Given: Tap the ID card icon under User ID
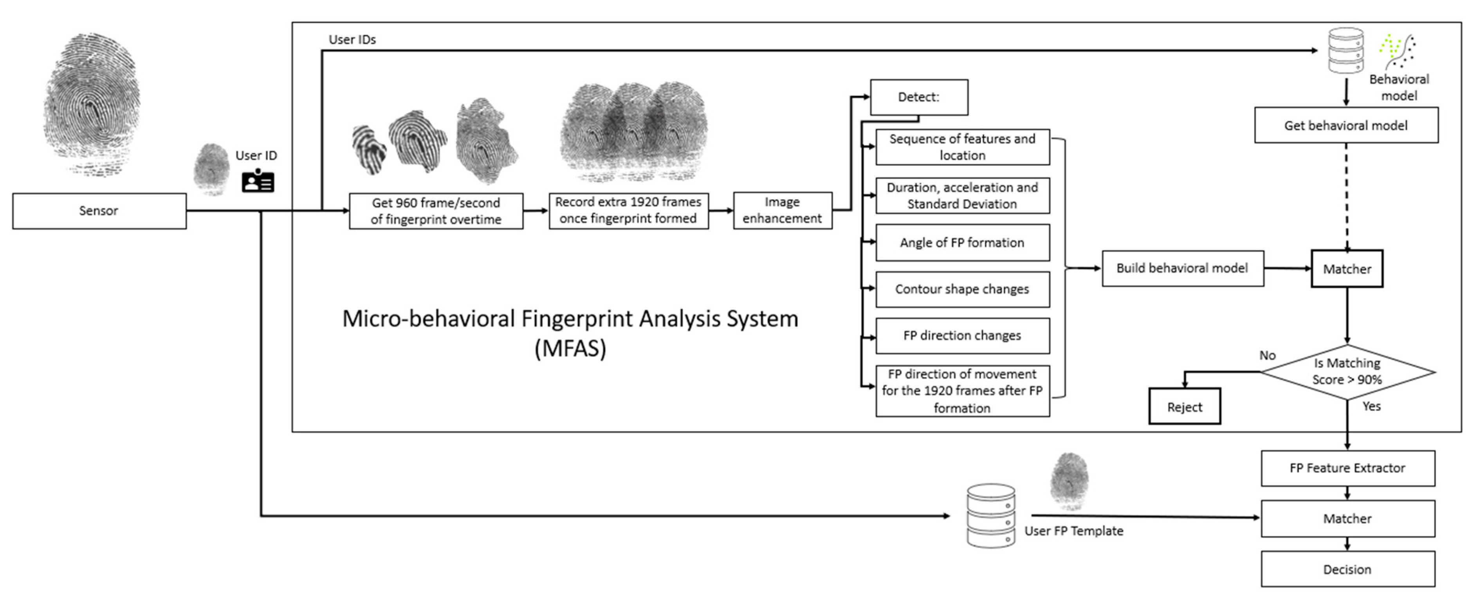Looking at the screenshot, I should (x=258, y=181).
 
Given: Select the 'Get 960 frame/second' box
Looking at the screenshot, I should (x=436, y=211).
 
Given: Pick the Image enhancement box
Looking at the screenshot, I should (x=782, y=211).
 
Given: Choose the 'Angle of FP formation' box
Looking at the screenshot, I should (x=962, y=243).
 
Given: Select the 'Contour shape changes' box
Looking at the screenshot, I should (x=962, y=289).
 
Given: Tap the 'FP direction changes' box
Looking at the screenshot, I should (x=962, y=336).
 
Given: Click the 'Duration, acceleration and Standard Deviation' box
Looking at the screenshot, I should (x=962, y=196).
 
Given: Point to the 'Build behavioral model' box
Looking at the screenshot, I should (x=1182, y=268).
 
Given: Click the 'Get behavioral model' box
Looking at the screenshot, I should (x=1346, y=125).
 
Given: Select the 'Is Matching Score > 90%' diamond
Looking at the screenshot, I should (x=1347, y=371).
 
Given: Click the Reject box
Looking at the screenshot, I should (x=1185, y=407).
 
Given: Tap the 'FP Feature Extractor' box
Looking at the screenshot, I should (x=1347, y=468).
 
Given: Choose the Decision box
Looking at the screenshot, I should (x=1347, y=569).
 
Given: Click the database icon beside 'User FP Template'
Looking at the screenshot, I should (x=990, y=515).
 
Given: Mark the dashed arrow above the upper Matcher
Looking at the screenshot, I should (x=1346, y=195).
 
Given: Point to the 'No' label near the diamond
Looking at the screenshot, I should (x=1267, y=355).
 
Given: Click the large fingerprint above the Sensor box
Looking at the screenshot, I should (x=92, y=103).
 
